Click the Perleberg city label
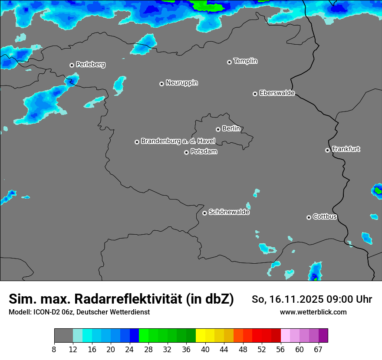click(90, 65)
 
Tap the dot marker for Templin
click(229, 62)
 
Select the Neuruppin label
click(181, 83)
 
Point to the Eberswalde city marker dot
click(255, 94)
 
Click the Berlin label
click(231, 129)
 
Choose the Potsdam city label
click(204, 152)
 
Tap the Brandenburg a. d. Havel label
click(178, 141)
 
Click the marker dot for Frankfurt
click(327, 150)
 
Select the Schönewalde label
click(229, 212)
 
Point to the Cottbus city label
click(325, 216)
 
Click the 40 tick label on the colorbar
click(205, 350)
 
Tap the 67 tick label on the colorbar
click(318, 350)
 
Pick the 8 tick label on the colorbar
click(54, 350)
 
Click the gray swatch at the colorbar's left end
click(63, 336)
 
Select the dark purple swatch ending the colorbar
click(323, 336)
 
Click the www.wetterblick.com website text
click(313, 312)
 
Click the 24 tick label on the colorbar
click(129, 350)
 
